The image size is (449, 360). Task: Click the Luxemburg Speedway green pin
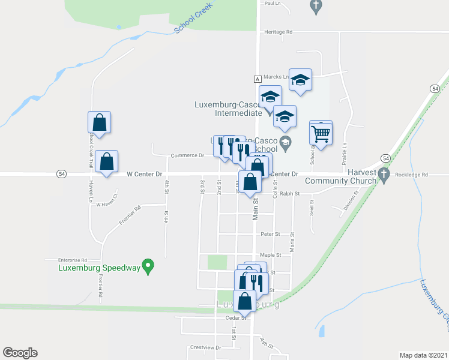point(149,266)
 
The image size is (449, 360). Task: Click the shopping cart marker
point(321,133)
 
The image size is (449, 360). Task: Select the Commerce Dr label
point(187,155)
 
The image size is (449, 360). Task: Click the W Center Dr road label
point(145,174)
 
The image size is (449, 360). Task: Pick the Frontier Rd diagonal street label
point(129,215)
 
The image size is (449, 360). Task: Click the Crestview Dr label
point(205,347)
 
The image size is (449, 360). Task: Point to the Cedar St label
point(232,318)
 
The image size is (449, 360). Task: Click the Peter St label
point(267,235)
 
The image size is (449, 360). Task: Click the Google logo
point(20,353)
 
